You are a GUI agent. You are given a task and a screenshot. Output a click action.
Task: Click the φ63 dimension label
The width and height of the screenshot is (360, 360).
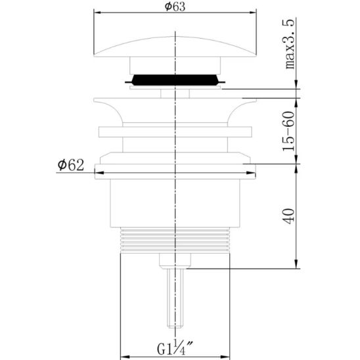(174, 7)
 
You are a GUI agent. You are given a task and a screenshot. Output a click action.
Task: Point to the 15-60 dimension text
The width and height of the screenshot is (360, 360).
(290, 131)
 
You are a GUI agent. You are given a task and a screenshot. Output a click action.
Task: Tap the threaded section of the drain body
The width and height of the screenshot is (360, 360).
(174, 241)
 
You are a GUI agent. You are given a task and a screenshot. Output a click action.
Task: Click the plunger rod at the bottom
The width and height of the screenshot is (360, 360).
(174, 296)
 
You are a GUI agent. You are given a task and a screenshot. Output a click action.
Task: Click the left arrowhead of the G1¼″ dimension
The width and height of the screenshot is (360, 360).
(122, 353)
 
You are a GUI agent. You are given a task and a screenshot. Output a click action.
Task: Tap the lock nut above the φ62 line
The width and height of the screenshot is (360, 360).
(174, 158)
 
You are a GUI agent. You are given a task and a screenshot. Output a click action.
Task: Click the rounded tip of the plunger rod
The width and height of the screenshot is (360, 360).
(174, 326)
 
